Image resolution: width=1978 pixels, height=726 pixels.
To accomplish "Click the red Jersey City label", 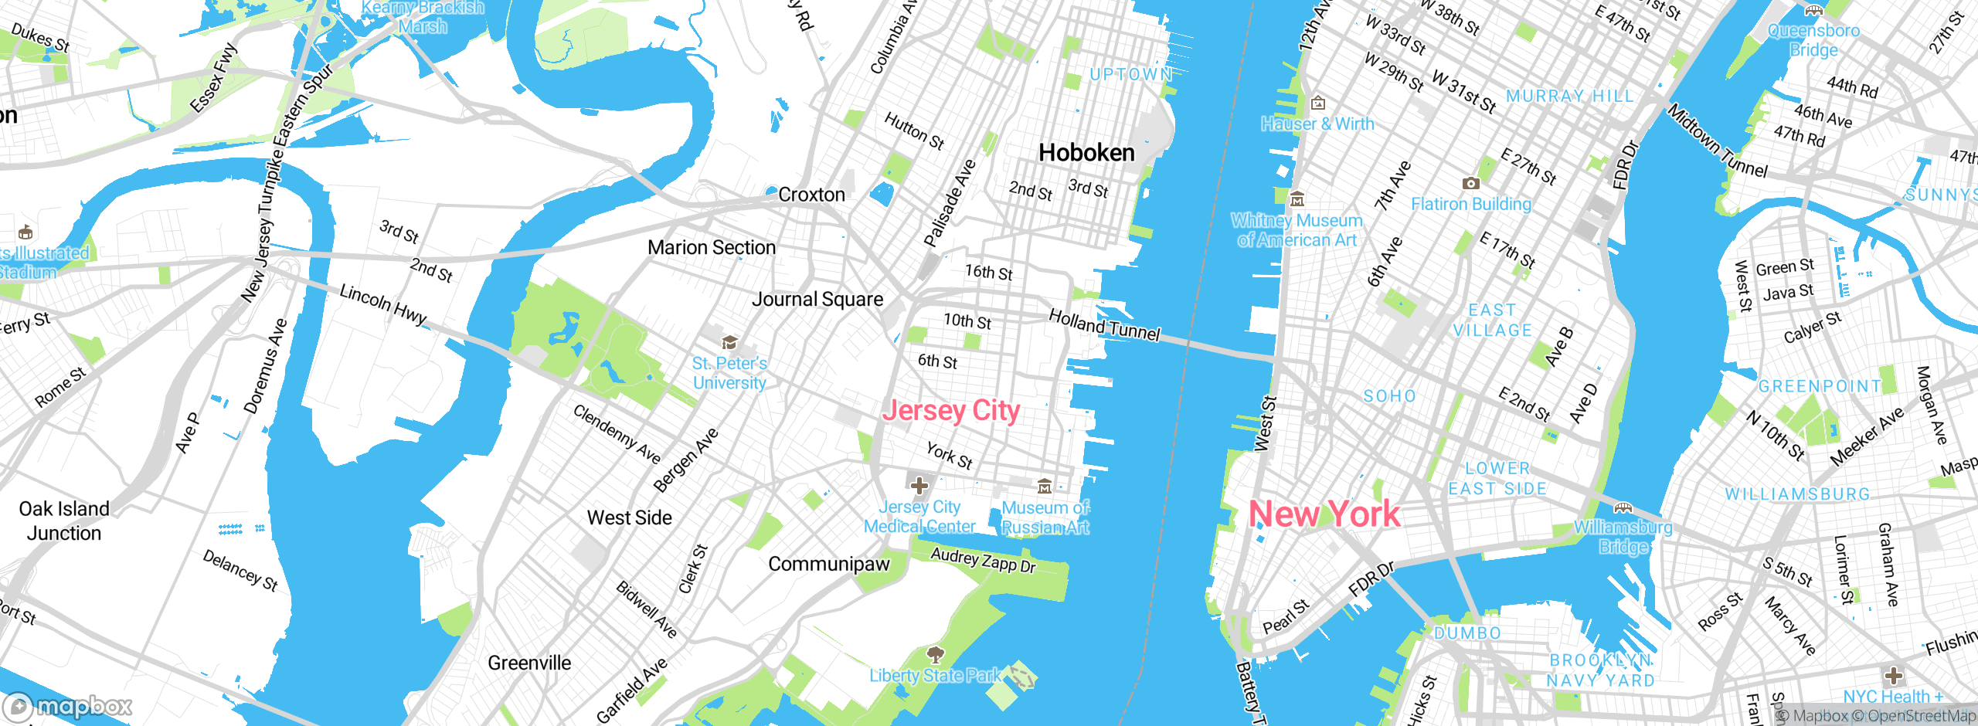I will pos(951,411).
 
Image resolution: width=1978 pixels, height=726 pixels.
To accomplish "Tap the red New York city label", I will pos(1324,514).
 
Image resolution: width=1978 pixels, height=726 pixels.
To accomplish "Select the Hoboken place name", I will pos(1086,153).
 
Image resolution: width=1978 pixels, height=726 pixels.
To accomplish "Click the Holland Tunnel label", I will pos(1104,325).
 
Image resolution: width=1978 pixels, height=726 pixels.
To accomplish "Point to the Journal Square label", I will pos(817,300).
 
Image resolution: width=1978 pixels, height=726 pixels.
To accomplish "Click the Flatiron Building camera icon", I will pos(1471,184).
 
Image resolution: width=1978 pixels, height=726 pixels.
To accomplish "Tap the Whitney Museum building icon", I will pos(1297,199).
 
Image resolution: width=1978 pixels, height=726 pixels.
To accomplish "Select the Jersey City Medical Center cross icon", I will pos(919,486).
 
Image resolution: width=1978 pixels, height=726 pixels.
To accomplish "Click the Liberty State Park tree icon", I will pos(936,655).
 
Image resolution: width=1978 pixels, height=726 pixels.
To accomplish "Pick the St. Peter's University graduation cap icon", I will pos(729,342).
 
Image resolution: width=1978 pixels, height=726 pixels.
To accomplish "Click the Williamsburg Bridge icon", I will pos(1623,507).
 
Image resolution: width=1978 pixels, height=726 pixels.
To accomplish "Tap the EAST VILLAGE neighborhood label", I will pos(1492,321).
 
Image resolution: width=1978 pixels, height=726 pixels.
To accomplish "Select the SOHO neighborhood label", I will pos(1389,396).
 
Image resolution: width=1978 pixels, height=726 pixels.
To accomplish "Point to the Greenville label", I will pos(529,663).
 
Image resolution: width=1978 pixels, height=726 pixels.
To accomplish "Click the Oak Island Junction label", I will pos(64,521).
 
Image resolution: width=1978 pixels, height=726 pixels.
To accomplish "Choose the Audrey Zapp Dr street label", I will pos(983,561).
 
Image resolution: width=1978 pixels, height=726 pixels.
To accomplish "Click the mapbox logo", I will pos(68,707).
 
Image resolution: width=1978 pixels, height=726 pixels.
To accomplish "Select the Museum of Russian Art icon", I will pos(1045,486).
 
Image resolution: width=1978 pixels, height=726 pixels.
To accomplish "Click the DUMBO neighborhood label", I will pos(1467,633).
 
